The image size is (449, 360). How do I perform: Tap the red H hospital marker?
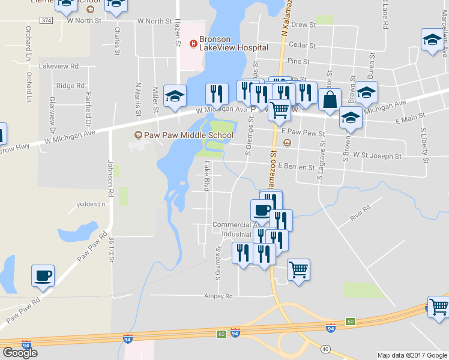click(193, 43)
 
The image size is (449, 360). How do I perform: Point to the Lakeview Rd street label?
click(58, 67)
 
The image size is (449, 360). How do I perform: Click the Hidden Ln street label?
click(91, 205)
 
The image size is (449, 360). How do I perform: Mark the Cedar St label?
click(302, 45)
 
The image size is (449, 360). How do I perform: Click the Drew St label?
click(304, 25)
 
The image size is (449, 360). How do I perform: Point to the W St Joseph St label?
click(377, 156)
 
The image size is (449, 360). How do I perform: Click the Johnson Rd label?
click(110, 178)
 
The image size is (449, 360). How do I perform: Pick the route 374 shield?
click(47, 20)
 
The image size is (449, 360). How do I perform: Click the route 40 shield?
click(325, 349)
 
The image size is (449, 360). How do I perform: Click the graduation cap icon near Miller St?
click(175, 96)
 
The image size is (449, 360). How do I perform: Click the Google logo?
click(20, 352)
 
